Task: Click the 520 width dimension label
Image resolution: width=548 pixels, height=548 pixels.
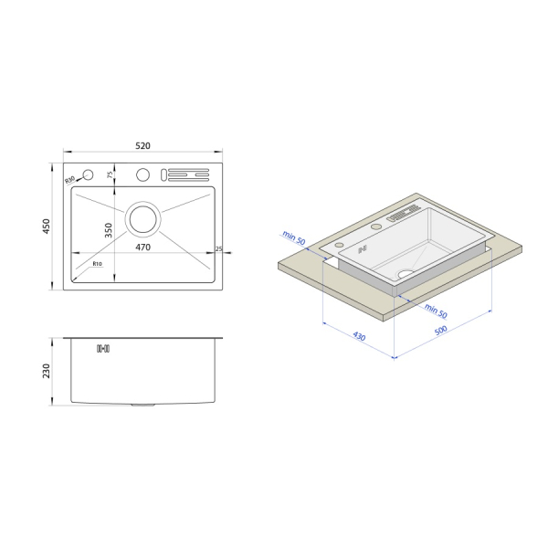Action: point(142,146)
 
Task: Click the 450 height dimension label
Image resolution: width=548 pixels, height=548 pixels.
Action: point(47,227)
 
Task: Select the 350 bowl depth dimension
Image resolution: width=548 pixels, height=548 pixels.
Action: point(109,230)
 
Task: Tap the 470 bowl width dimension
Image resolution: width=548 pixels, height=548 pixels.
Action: point(142,248)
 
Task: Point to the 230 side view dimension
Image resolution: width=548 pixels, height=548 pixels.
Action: point(47,371)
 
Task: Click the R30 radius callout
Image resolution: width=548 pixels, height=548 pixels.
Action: point(70,180)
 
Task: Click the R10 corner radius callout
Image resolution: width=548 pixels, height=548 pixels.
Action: point(98,264)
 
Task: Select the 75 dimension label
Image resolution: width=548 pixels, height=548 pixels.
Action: point(110,174)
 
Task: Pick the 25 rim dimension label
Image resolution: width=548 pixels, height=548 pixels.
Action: point(219,248)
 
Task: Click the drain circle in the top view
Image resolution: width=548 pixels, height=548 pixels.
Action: point(143,219)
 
